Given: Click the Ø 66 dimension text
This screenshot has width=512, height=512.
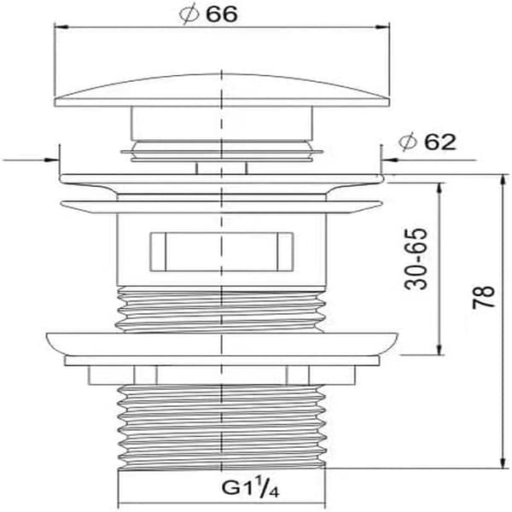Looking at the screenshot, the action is (208, 15).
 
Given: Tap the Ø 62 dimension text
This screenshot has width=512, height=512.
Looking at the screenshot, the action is (428, 142).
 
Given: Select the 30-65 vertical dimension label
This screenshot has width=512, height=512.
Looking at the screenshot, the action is (416, 259).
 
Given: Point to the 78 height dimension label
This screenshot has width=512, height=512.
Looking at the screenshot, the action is (484, 297).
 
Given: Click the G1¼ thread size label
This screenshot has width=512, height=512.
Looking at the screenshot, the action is (250, 487).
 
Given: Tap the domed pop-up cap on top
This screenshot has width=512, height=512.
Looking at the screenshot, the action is (222, 90).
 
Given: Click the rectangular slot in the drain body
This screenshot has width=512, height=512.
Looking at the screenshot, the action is (222, 252).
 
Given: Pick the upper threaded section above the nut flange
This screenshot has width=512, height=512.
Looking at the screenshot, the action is (221, 309).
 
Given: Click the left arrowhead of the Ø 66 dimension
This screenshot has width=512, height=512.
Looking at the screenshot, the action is (61, 27).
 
